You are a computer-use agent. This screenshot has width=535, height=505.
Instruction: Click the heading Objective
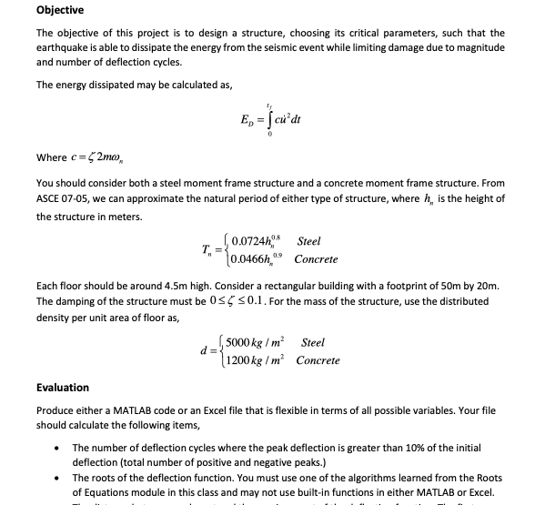[x=60, y=10]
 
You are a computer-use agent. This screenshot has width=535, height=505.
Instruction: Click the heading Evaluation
[x=63, y=387]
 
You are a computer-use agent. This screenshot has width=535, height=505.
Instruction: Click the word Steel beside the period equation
[x=309, y=242]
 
